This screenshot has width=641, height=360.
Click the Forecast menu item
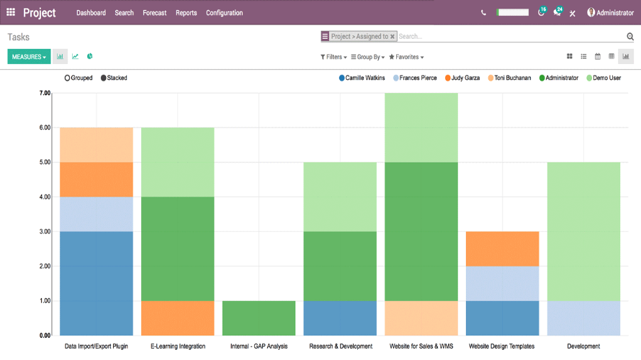[154, 13]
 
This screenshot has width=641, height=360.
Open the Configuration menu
[224, 13]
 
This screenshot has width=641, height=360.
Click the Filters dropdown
[333, 57]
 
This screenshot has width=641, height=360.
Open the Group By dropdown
[367, 57]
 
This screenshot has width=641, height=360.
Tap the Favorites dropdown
[406, 57]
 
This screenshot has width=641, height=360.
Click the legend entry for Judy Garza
[462, 78]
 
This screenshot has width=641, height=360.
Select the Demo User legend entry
[604, 78]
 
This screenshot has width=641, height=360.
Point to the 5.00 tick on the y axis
[45, 163]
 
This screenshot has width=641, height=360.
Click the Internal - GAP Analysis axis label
[259, 346]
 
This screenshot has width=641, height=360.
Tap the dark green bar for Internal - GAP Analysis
[259, 318]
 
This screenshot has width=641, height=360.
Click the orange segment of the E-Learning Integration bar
[177, 318]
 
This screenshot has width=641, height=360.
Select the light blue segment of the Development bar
[583, 318]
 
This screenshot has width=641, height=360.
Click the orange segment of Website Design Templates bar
[503, 248]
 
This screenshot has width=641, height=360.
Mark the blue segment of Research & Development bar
[340, 318]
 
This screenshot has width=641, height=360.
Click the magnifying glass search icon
[630, 37]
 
